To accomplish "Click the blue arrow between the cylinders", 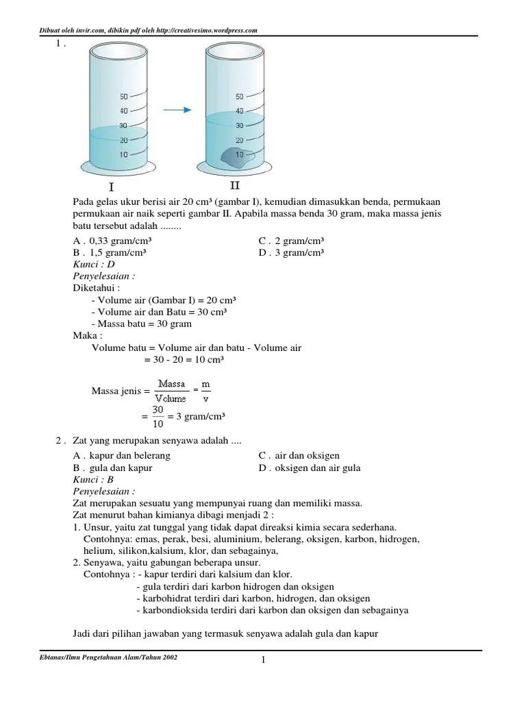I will click(176, 109).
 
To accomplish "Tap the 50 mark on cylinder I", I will click(123, 97).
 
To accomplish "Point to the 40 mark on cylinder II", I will click(239, 111).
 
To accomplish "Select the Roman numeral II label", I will click(235, 185).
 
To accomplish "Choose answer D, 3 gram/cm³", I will click(291, 252).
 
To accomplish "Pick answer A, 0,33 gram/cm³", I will click(112, 241).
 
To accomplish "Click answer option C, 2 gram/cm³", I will click(291, 241).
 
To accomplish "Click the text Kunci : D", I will click(94, 264).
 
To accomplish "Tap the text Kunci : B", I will click(94, 480).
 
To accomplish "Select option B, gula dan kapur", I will click(112, 468).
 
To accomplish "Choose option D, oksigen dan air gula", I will click(309, 468).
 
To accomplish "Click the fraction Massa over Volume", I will click(171, 391).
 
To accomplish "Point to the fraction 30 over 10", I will click(158, 417).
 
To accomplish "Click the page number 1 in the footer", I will click(262, 659).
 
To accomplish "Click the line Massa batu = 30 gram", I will click(141, 324).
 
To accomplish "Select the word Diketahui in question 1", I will click(97, 288).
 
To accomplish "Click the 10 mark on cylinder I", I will click(123, 155).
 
